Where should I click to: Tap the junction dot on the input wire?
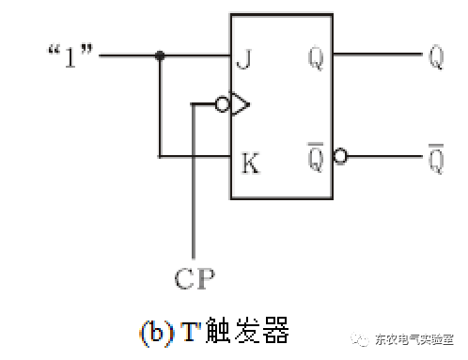tap(161, 56)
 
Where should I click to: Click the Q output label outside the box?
tap(435, 56)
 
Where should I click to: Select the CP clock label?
tap(195, 278)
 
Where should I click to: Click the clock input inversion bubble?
tap(223, 104)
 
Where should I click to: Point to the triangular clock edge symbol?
tap(239, 104)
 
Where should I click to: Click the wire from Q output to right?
tap(376, 55)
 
